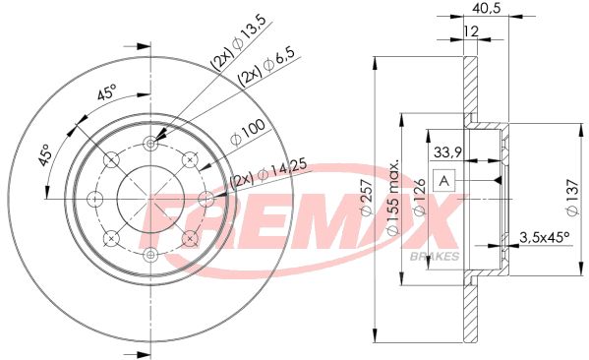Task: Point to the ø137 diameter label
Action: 570,193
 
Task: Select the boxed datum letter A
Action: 444,182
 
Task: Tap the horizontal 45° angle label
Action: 106,95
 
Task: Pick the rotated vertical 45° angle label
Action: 45,156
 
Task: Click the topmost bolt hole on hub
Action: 149,144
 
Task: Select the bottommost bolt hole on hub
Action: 149,254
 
